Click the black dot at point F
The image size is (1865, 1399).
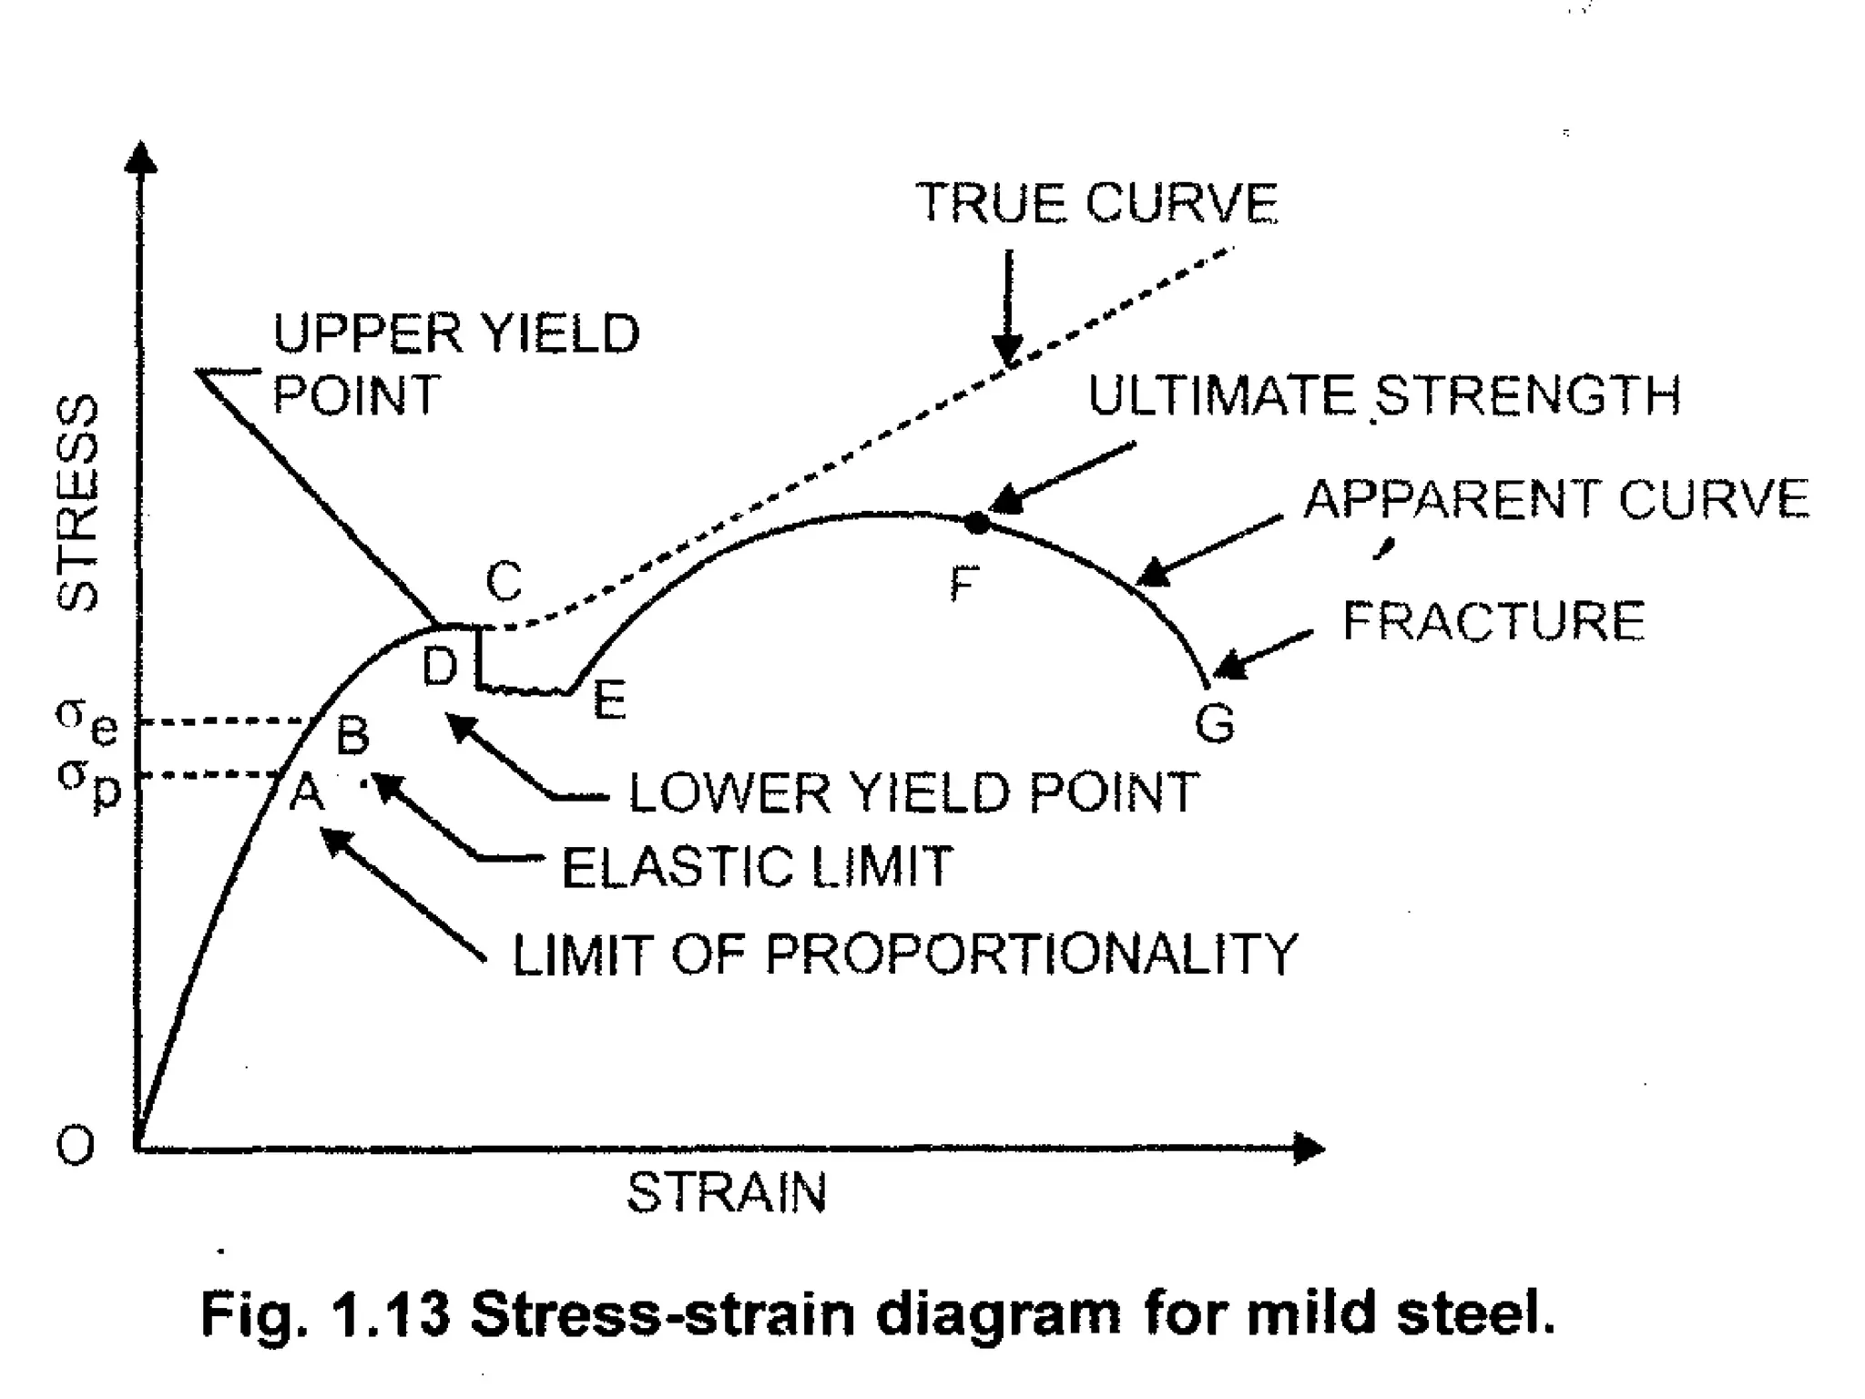[976, 523]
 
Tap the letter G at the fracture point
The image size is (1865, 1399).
[1215, 724]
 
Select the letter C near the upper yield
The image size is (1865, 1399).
[504, 580]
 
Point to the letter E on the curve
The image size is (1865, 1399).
[609, 700]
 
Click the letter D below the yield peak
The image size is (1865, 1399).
[439, 667]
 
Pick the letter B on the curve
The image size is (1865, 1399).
[353, 735]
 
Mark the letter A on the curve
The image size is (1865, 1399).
[307, 792]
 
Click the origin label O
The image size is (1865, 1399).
[75, 1146]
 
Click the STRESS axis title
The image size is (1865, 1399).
[78, 503]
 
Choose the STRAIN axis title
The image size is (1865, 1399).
[727, 1193]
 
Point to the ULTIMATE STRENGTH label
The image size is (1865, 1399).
[1384, 395]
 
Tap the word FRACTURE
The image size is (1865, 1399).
[1493, 621]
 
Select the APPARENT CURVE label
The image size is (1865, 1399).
[1556, 499]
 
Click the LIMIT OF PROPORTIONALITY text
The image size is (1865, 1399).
[904, 955]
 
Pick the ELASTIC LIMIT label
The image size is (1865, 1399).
[757, 866]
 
